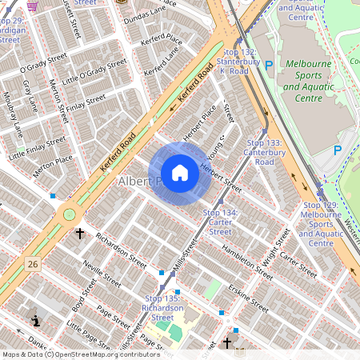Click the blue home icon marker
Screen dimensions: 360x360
180,173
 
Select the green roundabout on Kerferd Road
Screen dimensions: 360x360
69,214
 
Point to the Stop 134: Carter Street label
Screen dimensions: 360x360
220,222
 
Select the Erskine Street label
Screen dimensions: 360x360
247,295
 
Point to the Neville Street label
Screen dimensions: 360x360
101,274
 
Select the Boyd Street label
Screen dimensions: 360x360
78,294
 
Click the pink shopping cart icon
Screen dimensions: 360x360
32,5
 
